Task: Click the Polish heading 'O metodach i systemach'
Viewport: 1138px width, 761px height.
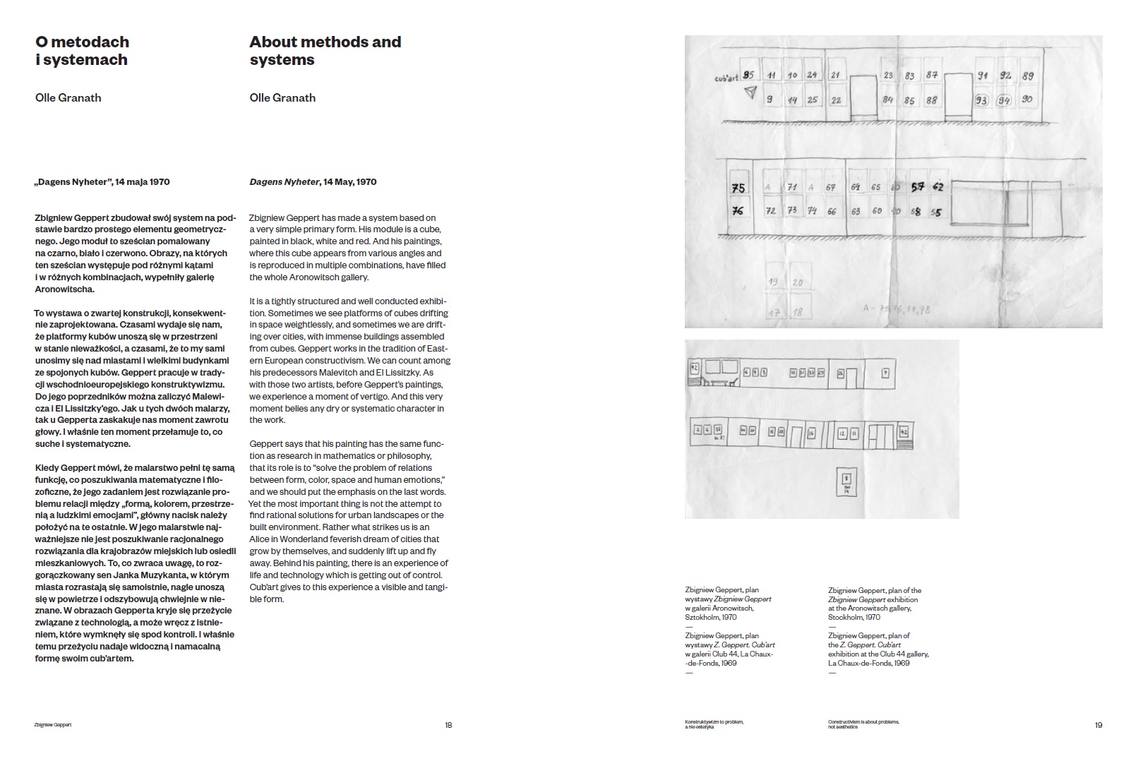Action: point(82,51)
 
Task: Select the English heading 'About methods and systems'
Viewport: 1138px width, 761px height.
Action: point(325,51)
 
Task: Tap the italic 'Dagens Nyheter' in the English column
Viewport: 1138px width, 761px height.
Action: point(284,182)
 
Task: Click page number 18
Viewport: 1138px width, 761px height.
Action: point(448,725)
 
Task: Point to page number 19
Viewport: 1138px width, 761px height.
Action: point(1098,725)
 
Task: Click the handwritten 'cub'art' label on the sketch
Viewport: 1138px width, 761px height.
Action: point(726,78)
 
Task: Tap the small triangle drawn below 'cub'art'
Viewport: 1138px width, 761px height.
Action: point(750,92)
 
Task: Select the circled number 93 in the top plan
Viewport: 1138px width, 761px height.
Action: point(981,100)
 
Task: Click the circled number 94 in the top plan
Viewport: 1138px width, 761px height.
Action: point(1003,101)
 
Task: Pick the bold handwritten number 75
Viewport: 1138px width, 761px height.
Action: point(738,188)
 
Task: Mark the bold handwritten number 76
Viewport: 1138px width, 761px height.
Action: point(738,210)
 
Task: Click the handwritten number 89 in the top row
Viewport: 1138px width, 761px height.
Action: point(1028,76)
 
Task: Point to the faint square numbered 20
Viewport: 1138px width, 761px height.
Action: point(798,282)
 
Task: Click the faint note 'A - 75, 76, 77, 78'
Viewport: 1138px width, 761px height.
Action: point(897,308)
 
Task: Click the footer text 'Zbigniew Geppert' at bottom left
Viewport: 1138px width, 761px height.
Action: point(53,725)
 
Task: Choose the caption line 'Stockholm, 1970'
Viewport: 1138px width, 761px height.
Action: point(854,617)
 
